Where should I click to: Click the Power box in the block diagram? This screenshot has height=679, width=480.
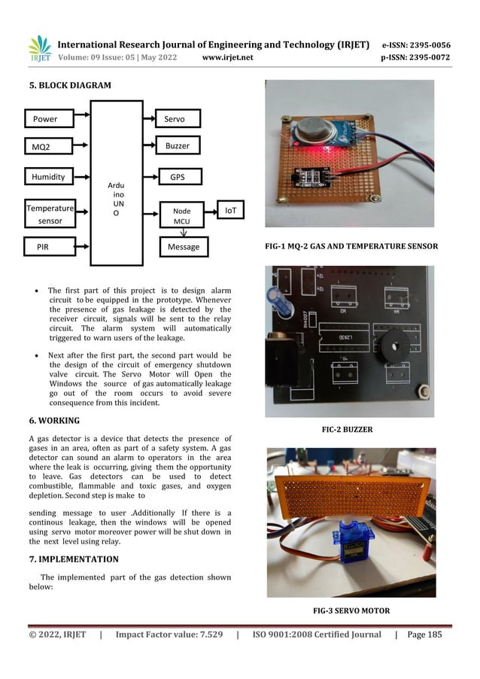49,119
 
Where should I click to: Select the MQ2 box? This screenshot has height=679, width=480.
49,145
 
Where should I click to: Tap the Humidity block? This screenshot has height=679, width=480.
49,178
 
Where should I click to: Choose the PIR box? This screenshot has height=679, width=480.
49,246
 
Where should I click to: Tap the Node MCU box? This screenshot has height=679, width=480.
182,216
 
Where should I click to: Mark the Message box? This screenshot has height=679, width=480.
184,247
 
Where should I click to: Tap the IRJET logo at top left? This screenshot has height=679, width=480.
40,50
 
